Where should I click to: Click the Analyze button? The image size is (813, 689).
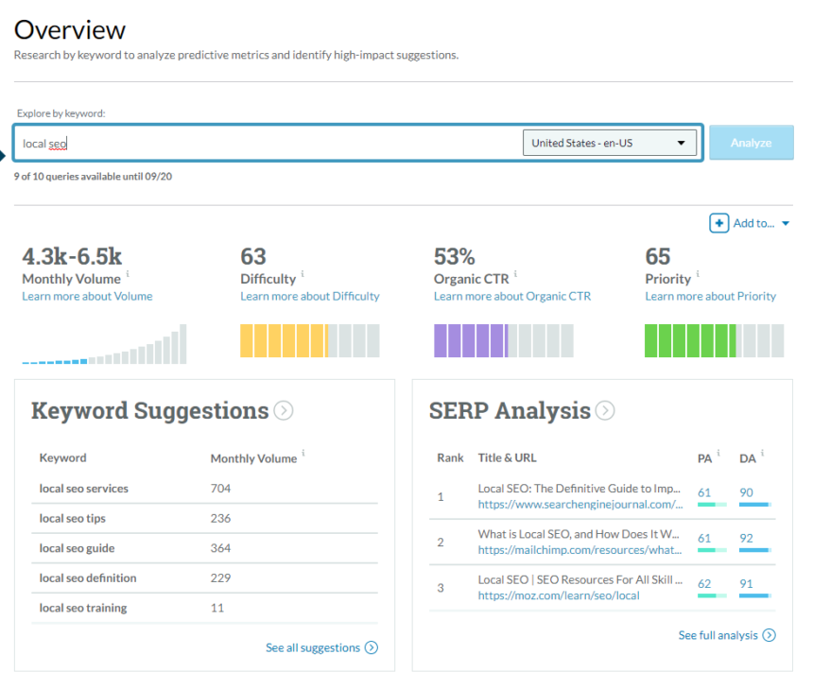(x=751, y=143)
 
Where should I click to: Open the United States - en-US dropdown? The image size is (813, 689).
(x=609, y=143)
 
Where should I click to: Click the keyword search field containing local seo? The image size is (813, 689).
(x=265, y=143)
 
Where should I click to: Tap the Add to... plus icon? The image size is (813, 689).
(x=719, y=223)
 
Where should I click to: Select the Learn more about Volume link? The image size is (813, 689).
(x=87, y=296)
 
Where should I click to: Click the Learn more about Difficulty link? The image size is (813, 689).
(x=310, y=296)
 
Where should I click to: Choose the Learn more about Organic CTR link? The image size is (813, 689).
(x=511, y=296)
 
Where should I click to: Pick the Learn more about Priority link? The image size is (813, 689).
(x=710, y=296)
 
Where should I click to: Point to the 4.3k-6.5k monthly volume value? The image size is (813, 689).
(x=72, y=256)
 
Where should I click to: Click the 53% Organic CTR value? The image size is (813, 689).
(x=454, y=256)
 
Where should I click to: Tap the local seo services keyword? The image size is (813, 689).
(x=84, y=489)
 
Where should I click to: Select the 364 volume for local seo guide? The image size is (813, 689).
(x=220, y=548)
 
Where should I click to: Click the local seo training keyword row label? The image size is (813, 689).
(x=83, y=608)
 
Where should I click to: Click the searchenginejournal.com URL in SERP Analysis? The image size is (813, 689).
(x=579, y=505)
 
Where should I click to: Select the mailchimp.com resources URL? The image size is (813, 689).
(x=579, y=549)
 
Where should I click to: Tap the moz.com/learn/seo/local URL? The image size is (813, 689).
(x=559, y=595)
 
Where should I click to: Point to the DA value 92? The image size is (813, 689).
(x=747, y=538)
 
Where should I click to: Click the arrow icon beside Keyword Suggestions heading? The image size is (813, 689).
(x=283, y=411)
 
